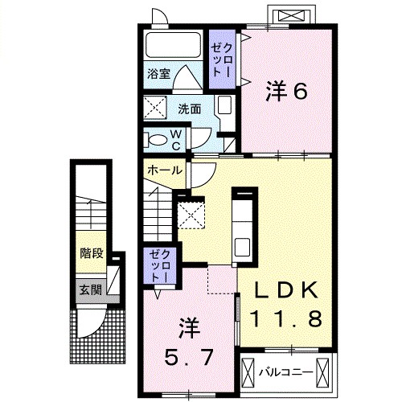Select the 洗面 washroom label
190,108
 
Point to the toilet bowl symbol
155,139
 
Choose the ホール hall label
164,170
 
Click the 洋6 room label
286,92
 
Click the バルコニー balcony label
281,371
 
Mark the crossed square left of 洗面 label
154,107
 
